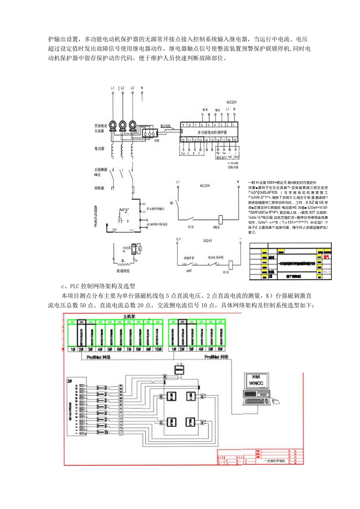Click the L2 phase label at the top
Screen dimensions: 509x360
(122, 88)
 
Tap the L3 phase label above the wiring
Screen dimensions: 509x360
(133, 88)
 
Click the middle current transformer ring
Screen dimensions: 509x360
(123, 125)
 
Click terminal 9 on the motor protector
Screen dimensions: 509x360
(183, 125)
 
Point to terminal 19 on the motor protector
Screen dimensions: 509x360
(234, 139)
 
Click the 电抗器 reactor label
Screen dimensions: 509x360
(99, 149)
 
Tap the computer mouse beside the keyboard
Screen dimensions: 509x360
(276, 401)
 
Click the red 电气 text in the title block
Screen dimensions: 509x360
(326, 257)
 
